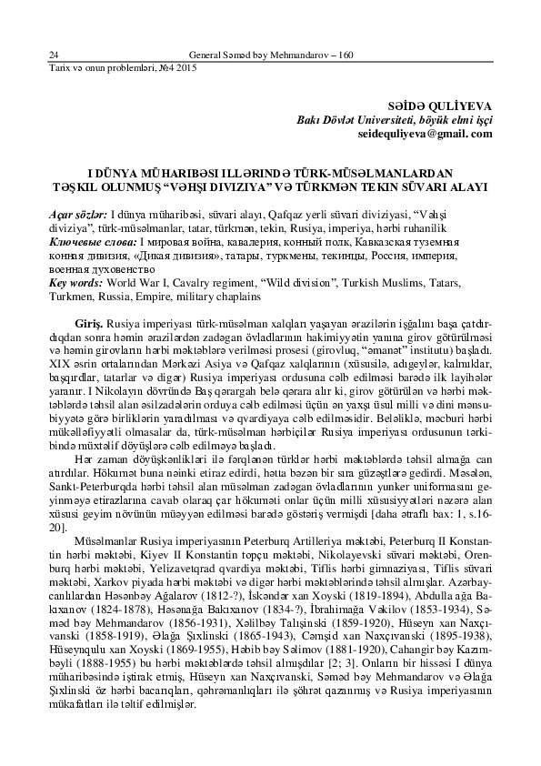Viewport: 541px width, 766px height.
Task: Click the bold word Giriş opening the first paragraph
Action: click(x=90, y=324)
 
